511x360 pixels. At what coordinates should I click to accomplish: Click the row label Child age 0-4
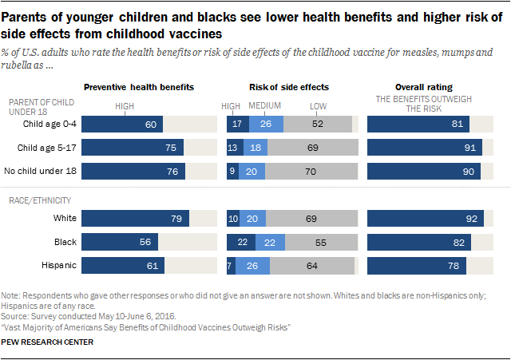[51, 125]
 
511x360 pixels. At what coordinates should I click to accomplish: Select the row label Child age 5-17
[50, 148]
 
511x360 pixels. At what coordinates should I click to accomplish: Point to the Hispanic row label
[57, 266]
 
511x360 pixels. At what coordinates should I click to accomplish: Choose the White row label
[62, 219]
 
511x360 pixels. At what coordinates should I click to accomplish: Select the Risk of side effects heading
[290, 86]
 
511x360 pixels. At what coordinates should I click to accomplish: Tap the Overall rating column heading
[423, 86]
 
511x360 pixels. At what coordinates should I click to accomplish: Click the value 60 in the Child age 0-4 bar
[149, 125]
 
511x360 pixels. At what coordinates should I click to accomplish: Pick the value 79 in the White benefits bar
[176, 219]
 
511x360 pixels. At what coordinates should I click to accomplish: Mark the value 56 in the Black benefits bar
[145, 243]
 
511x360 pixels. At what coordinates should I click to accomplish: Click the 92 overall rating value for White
[473, 219]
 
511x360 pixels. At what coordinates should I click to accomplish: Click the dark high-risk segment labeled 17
[237, 125]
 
